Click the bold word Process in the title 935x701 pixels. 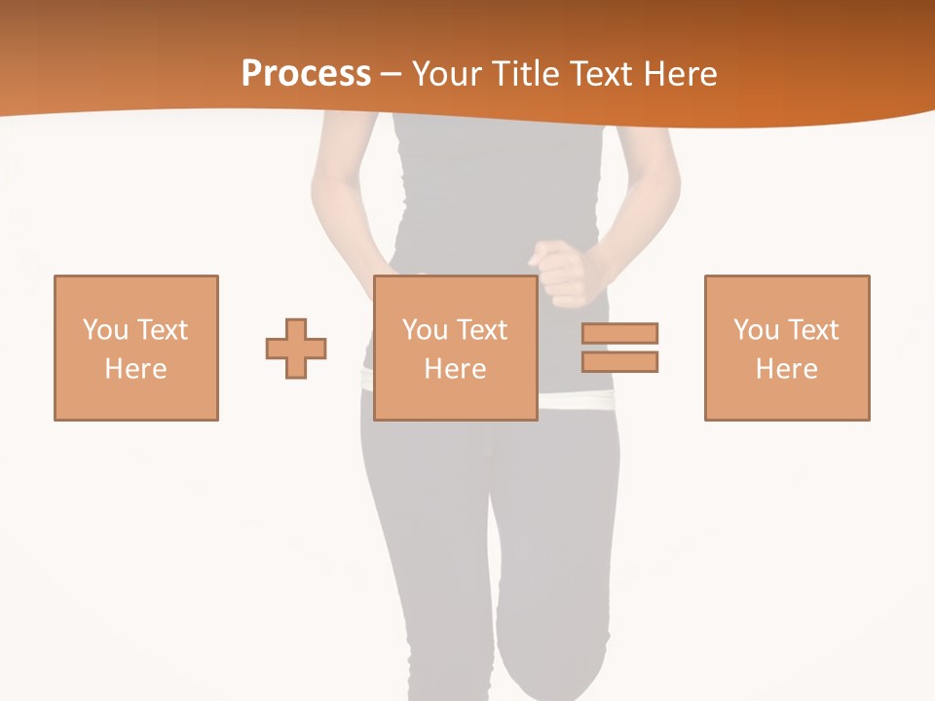point(306,74)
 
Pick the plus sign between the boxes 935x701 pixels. point(296,348)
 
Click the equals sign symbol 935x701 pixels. point(619,348)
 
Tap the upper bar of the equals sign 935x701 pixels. point(619,333)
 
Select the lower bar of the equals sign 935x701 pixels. point(619,361)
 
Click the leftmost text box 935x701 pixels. point(136,348)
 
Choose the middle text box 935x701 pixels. point(456,348)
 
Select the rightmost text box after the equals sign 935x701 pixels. point(787,348)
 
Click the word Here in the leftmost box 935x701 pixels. point(136,369)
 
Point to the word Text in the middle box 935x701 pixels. point(483,330)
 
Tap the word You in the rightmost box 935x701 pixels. point(757,330)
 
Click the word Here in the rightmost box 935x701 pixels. point(787,369)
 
